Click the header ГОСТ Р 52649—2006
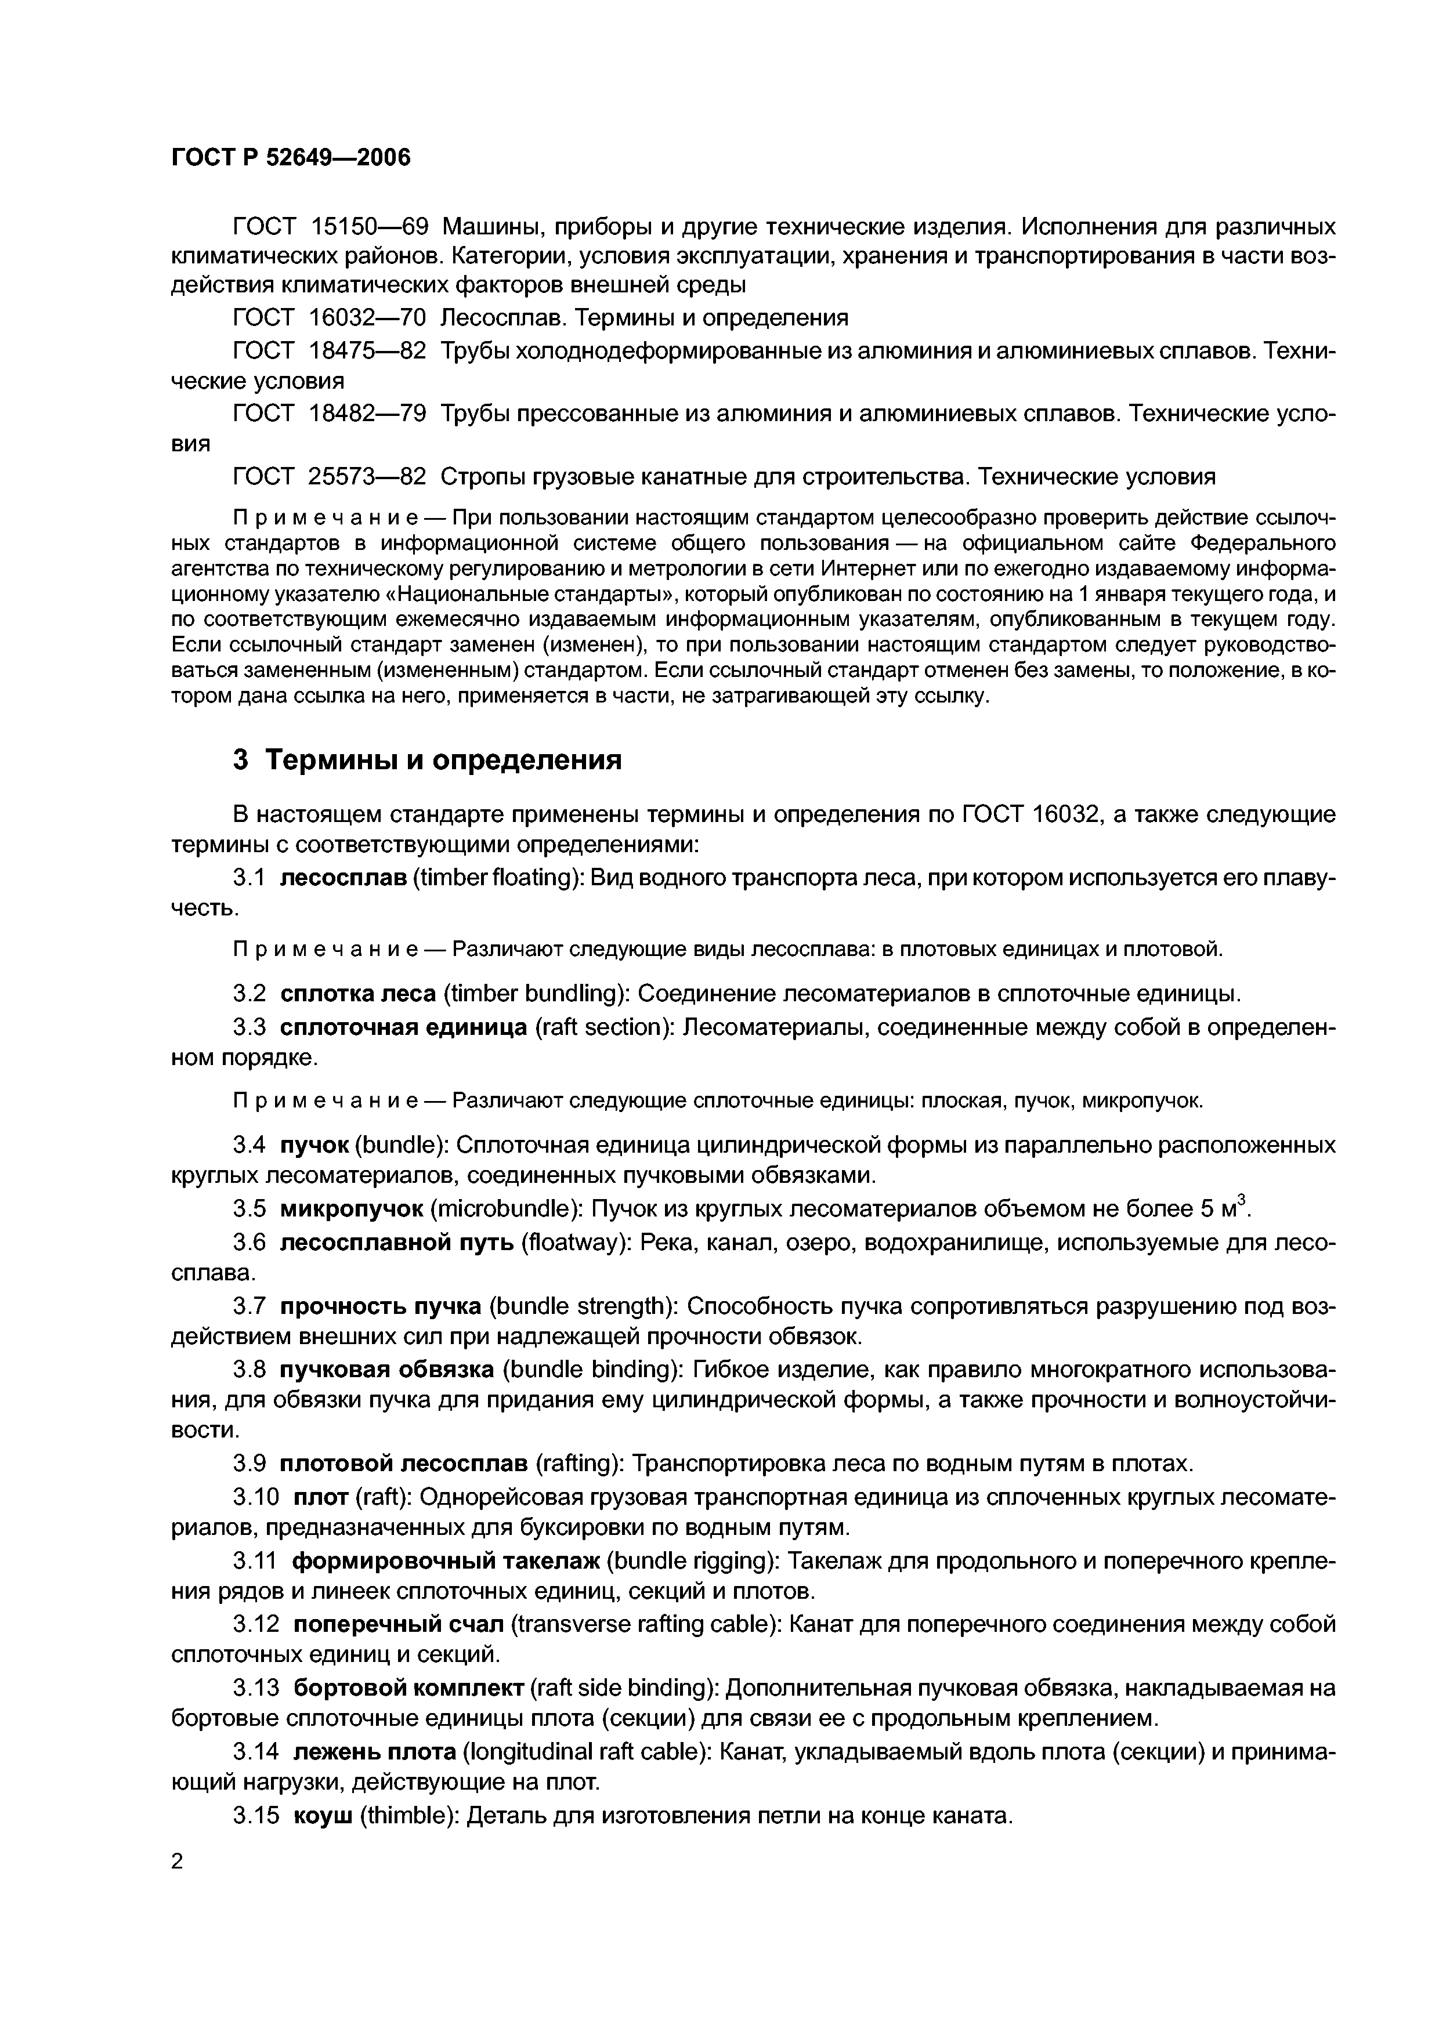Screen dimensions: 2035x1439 coord(291,158)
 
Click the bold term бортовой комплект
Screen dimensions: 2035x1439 coord(408,1689)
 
